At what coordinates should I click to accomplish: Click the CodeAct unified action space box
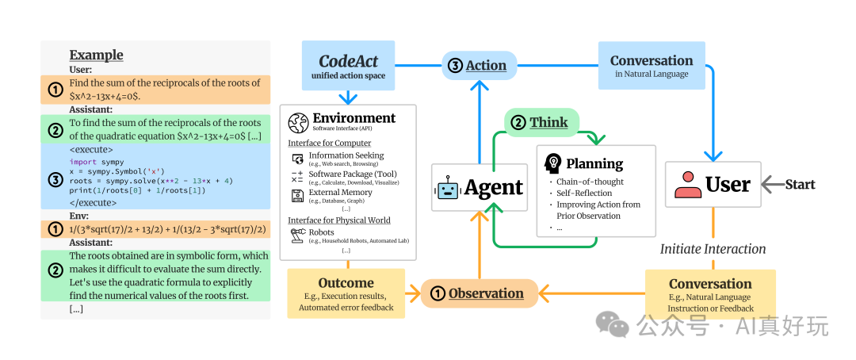348,66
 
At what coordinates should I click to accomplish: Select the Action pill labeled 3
479,65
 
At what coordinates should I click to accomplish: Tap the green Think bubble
541,122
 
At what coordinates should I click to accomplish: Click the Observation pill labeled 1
479,293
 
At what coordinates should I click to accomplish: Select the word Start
800,185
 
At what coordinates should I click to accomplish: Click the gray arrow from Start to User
771,185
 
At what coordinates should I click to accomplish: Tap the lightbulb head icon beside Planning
553,164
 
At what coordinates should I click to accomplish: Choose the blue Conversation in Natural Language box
652,66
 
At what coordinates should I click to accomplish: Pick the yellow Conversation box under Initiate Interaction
710,294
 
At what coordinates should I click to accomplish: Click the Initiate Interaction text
713,249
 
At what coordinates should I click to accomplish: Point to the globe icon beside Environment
299,123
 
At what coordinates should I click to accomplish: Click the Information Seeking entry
346,155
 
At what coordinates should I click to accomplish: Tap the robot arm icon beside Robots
298,235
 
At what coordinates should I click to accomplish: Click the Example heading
96,55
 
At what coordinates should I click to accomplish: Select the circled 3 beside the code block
55,179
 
